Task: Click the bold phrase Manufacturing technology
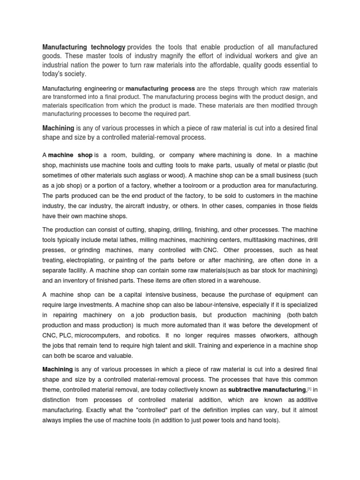pos(84,47)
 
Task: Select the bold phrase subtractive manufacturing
pos(267,390)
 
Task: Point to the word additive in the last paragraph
pos(304,399)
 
